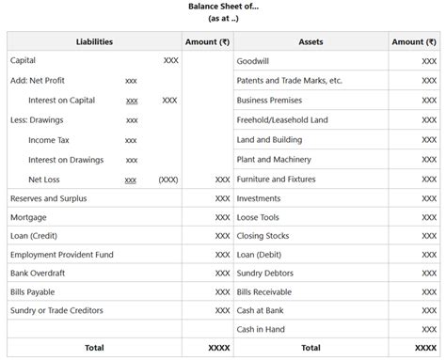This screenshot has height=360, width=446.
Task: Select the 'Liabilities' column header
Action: tap(94, 41)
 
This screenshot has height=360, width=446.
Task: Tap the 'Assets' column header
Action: tap(311, 41)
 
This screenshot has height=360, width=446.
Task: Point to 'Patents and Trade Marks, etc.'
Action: tap(289, 81)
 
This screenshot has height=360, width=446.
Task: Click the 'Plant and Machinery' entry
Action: tap(274, 160)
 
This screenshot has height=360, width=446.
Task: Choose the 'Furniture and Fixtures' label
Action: tap(277, 179)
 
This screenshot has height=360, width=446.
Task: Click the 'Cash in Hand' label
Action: tap(262, 329)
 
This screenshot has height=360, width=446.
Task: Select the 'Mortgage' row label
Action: tap(28, 217)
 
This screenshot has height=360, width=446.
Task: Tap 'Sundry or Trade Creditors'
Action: tap(56, 310)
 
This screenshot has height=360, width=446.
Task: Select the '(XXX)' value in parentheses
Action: tap(168, 180)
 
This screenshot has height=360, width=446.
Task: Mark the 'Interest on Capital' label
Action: tap(66, 101)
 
